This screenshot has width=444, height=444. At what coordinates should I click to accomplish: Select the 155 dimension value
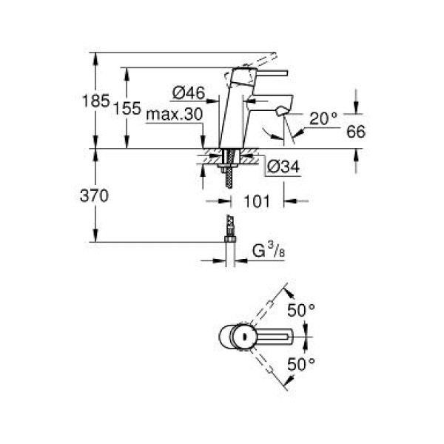[x=127, y=108]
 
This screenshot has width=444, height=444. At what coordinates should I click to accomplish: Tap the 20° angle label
[x=323, y=117]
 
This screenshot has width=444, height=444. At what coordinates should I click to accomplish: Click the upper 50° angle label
[x=302, y=311]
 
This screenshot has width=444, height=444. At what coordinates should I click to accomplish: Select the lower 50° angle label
[x=302, y=363]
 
